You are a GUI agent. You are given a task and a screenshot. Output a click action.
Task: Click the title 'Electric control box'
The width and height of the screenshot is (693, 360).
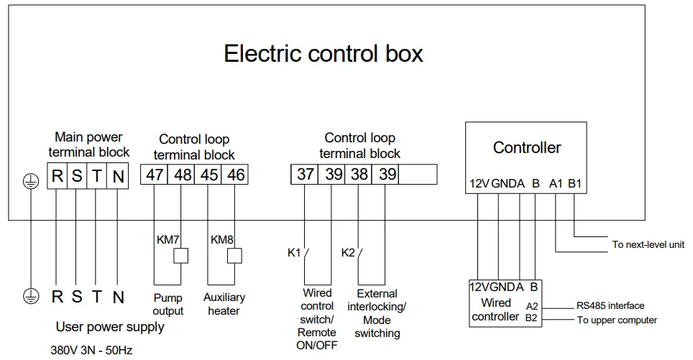[x=323, y=54]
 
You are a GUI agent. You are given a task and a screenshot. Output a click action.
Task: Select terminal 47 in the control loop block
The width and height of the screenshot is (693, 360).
[x=154, y=175]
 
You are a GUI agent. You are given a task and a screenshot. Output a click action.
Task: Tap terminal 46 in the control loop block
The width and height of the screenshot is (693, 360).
[x=235, y=175]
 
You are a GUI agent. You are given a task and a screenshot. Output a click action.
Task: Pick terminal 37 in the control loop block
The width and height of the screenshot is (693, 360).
[x=306, y=175]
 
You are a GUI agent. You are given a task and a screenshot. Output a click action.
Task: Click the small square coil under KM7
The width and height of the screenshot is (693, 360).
[x=181, y=255]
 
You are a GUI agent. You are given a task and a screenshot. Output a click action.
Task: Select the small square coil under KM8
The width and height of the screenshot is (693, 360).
[x=234, y=255]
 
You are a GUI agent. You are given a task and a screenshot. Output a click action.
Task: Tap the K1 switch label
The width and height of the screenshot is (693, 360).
[x=293, y=253]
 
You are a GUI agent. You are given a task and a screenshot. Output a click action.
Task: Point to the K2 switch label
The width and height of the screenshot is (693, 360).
[x=346, y=253]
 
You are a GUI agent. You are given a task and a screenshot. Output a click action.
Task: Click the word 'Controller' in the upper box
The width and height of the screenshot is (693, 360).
[x=527, y=148]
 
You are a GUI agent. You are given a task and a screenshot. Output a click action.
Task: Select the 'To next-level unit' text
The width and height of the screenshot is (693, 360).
[x=648, y=244]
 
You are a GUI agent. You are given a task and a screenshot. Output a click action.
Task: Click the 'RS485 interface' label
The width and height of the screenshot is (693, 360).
[x=610, y=306]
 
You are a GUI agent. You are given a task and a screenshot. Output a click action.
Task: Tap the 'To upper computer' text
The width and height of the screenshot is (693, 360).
[x=617, y=320]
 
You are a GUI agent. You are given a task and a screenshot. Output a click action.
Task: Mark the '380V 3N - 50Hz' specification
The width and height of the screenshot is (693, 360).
[x=91, y=350]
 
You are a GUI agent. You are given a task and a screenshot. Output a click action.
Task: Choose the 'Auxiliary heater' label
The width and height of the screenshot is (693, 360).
[x=224, y=304]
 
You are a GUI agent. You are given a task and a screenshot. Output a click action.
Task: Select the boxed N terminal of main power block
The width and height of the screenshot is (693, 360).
[x=119, y=175]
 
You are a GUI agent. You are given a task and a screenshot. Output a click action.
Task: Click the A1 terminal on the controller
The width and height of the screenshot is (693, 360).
[x=556, y=183]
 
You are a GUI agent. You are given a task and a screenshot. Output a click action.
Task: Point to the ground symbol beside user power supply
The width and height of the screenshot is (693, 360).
[x=29, y=295]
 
